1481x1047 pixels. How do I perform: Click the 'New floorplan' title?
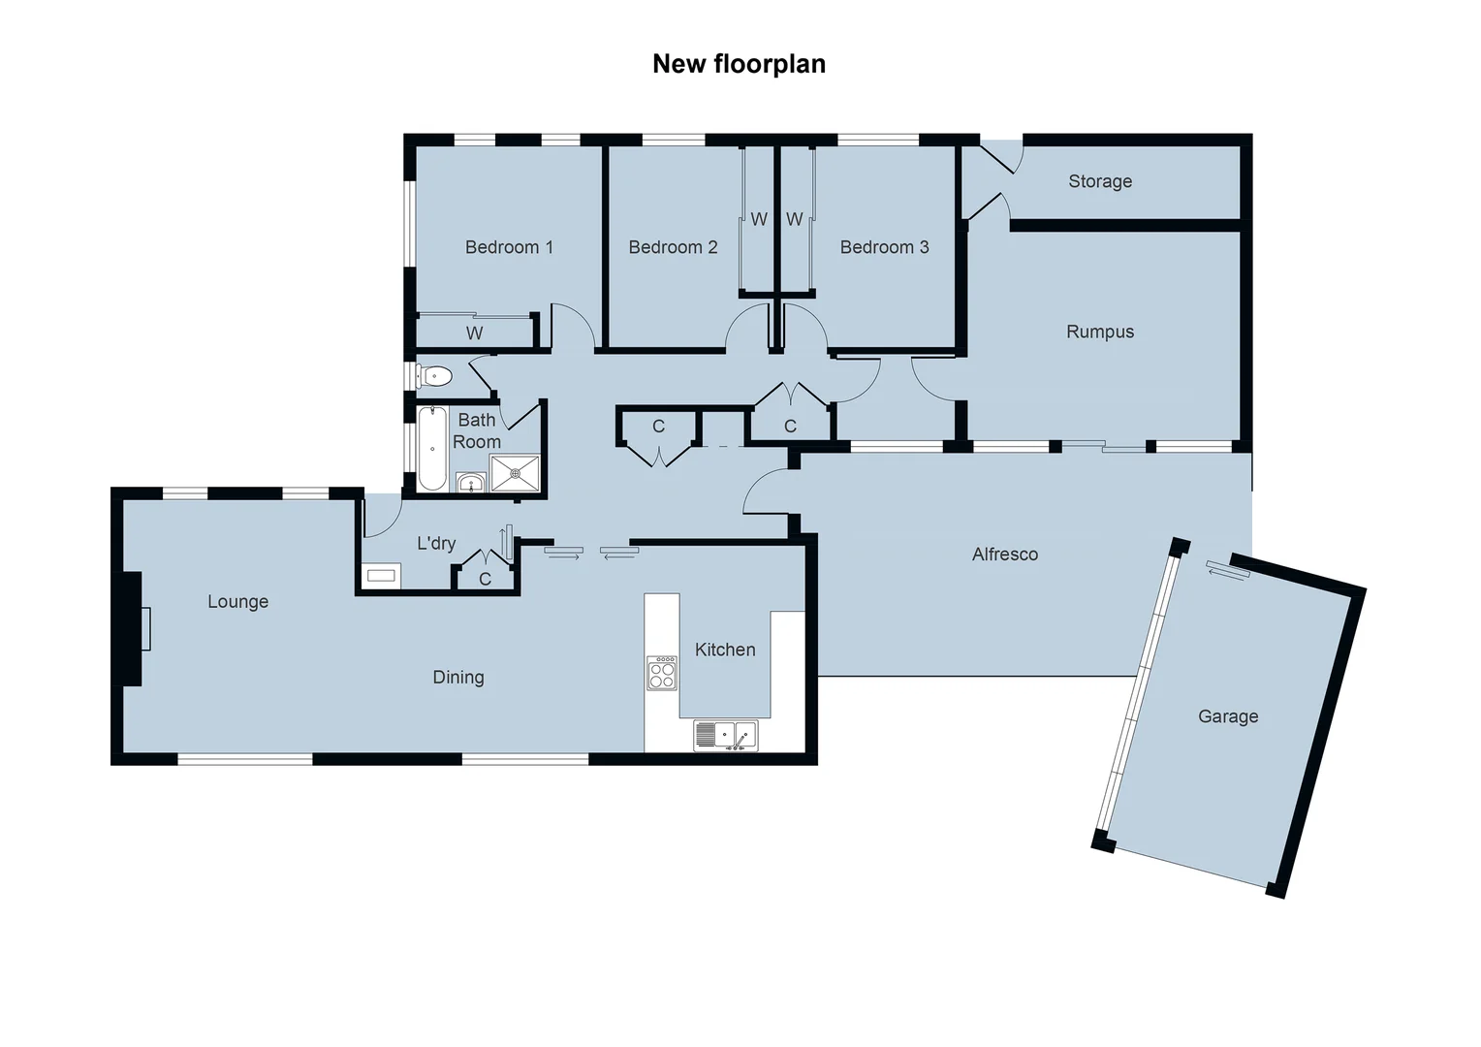[739, 64]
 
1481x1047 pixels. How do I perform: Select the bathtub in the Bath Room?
[432, 448]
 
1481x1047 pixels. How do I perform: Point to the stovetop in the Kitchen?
[662, 673]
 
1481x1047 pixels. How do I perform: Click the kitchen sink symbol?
[725, 736]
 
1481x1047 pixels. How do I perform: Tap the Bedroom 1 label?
[509, 247]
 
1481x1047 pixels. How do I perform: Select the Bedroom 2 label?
[673, 247]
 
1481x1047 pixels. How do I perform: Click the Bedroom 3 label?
[884, 247]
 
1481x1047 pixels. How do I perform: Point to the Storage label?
[1100, 181]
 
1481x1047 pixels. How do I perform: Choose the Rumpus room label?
[1100, 332]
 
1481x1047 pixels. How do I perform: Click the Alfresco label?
[1005, 555]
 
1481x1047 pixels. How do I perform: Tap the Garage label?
[1228, 716]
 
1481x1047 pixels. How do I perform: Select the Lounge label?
[237, 602]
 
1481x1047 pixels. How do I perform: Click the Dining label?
[458, 678]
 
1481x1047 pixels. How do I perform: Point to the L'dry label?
[436, 543]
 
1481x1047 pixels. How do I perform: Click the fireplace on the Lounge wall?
[132, 628]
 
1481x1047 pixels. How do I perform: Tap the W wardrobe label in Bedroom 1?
[474, 333]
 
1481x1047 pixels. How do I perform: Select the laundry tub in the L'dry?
[381, 576]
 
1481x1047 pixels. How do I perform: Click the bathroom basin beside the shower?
[471, 483]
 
